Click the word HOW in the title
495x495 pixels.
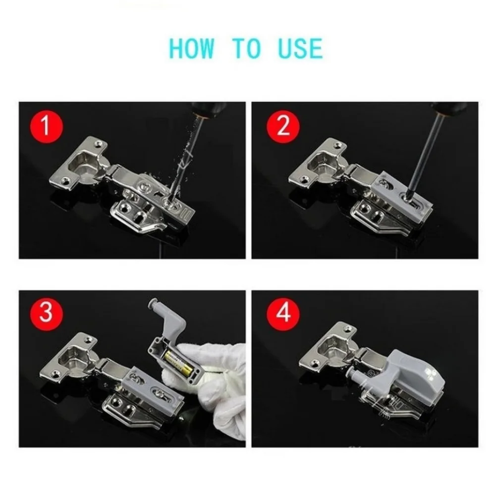(x=192, y=49)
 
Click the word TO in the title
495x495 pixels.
(x=246, y=49)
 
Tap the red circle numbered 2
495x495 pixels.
(x=283, y=126)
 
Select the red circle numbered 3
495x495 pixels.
(x=46, y=314)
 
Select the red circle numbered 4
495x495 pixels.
(x=283, y=314)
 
